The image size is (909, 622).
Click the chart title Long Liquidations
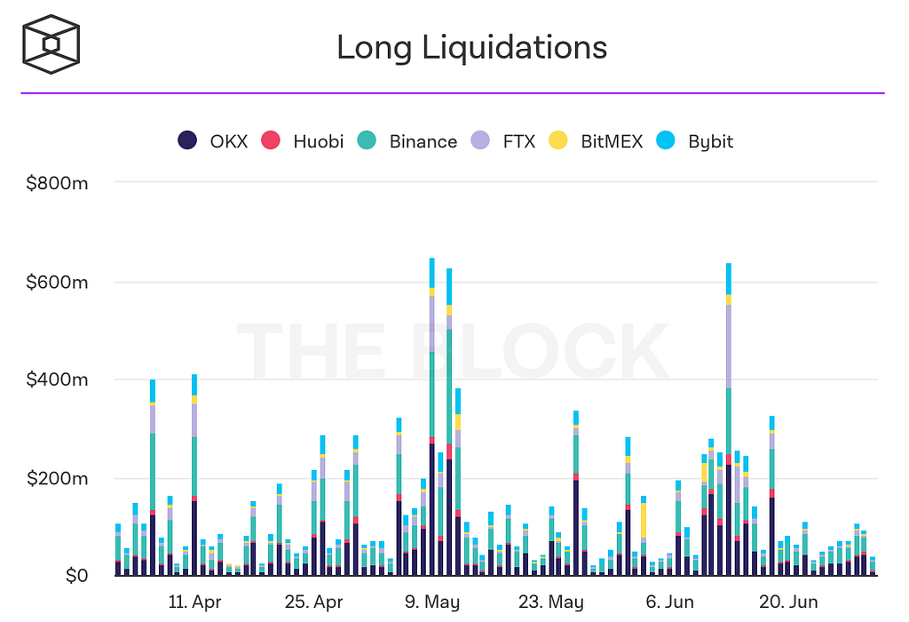(471, 47)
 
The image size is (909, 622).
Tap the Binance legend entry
(407, 140)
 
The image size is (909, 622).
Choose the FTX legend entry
(502, 140)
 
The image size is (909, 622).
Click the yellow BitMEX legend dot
(557, 140)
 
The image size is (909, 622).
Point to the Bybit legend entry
(694, 140)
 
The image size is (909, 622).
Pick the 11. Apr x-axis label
(194, 602)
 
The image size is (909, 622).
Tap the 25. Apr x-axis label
(313, 602)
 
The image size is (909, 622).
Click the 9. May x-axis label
(433, 602)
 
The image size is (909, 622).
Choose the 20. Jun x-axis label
(790, 602)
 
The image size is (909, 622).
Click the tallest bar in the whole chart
(432, 418)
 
